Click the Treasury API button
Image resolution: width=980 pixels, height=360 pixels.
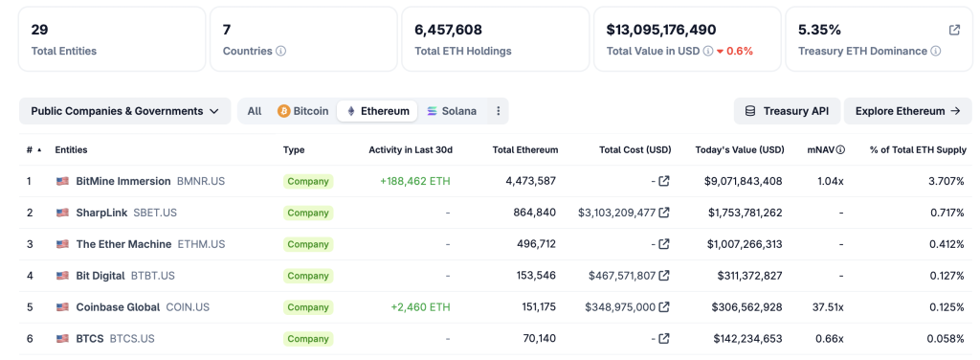787,111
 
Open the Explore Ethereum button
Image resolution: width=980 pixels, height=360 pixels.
907,111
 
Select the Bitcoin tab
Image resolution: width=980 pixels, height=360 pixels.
302,111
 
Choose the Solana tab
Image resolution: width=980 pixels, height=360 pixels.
451,111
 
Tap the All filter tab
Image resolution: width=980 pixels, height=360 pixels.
255,111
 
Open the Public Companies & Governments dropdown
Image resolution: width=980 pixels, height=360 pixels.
124,111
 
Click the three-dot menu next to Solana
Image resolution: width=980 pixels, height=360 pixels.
498,111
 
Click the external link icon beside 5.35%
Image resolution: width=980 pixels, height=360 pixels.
954,30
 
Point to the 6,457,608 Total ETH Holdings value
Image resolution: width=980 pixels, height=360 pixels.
448,30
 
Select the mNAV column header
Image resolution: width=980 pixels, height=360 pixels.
825,150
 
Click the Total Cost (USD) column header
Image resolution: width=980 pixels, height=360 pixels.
635,150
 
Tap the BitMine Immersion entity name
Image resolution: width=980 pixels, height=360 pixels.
123,181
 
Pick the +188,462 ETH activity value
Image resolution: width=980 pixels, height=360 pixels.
414,181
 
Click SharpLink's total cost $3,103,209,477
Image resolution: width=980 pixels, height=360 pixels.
616,213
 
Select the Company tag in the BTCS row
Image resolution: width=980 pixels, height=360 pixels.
308,339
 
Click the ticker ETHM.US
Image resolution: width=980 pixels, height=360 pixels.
201,244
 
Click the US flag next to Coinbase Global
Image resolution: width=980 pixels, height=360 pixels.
63,307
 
